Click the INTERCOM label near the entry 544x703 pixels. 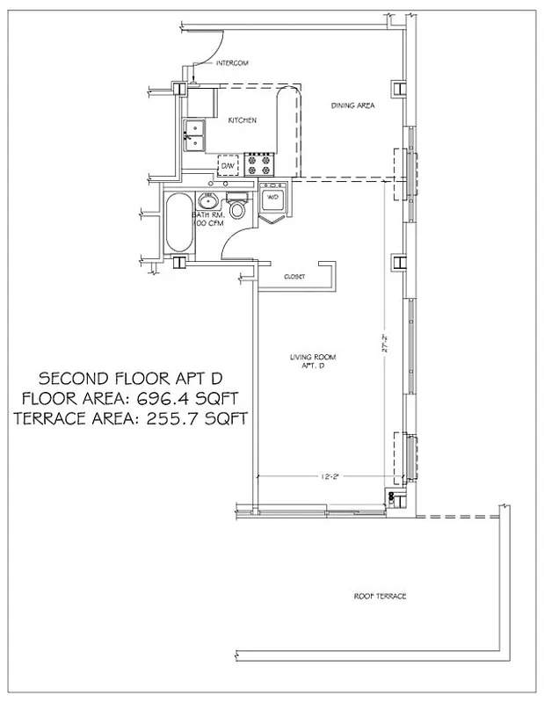pos(233,64)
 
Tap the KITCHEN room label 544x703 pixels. pos(243,120)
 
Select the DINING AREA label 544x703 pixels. pos(353,105)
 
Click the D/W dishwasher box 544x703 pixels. pos(228,165)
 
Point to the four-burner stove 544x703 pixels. pos(260,162)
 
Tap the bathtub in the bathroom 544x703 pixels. pos(175,226)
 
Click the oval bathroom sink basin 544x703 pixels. pos(211,200)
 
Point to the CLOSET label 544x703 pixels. pos(294,277)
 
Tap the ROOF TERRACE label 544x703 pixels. pos(380,596)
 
